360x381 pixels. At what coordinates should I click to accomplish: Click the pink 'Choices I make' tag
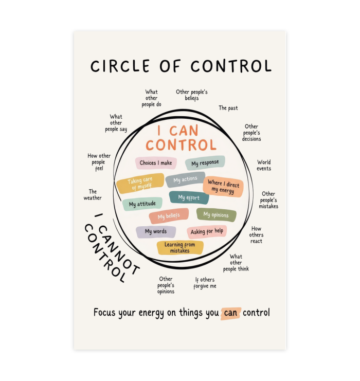[x=156, y=163]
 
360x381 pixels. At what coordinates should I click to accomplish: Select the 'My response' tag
[x=205, y=162]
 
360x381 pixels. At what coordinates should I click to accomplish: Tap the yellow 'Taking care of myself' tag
[x=140, y=183]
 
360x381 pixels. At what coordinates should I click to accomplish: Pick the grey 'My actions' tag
[x=185, y=179]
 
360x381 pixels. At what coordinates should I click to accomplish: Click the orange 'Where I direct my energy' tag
[x=223, y=187]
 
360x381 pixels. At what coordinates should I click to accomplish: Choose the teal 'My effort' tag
[x=189, y=197]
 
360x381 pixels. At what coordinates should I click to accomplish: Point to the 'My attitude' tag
[x=142, y=204]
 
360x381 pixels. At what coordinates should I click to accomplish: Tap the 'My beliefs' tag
[x=169, y=216]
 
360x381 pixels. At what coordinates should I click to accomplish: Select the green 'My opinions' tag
[x=216, y=215]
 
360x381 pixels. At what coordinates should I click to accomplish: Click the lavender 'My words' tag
[x=156, y=231]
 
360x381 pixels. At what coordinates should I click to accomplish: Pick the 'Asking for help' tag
[x=207, y=231]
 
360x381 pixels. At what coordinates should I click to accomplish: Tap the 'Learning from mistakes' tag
[x=180, y=248]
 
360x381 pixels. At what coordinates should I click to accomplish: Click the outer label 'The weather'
[x=93, y=195]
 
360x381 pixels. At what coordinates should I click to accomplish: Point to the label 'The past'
[x=228, y=108]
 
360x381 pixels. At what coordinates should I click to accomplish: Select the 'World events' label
[x=264, y=165]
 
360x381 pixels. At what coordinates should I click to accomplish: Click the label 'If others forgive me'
[x=205, y=283]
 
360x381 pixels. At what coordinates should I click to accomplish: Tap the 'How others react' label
[x=256, y=235]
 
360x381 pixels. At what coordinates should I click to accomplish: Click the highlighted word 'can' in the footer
[x=230, y=313]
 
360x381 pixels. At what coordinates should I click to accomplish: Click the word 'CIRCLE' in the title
[x=120, y=66]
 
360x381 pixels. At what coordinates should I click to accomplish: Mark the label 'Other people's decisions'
[x=251, y=133]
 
